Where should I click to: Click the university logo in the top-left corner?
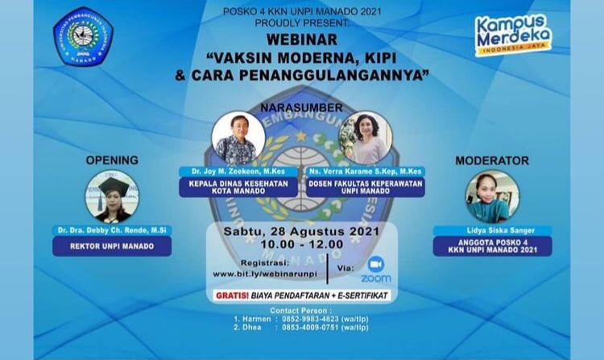pyautogui.click(x=82, y=36)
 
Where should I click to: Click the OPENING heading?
pyautogui.click(x=112, y=159)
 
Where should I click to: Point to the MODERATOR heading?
pyautogui.click(x=491, y=159)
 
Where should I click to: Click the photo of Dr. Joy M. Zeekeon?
pyautogui.click(x=238, y=138)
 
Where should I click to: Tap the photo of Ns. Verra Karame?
pyautogui.click(x=366, y=139)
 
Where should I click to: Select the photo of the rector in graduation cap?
pyautogui.click(x=112, y=197)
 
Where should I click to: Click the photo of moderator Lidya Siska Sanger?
pyautogui.click(x=491, y=197)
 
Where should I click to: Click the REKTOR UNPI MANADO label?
pyautogui.click(x=112, y=246)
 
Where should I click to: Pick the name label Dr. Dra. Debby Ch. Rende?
pyautogui.click(x=112, y=230)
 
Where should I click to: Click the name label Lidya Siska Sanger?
pyautogui.click(x=491, y=230)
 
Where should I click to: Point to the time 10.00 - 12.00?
pyautogui.click(x=301, y=244)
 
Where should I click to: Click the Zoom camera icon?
pyautogui.click(x=375, y=264)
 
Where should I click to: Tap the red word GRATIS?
pyautogui.click(x=232, y=296)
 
